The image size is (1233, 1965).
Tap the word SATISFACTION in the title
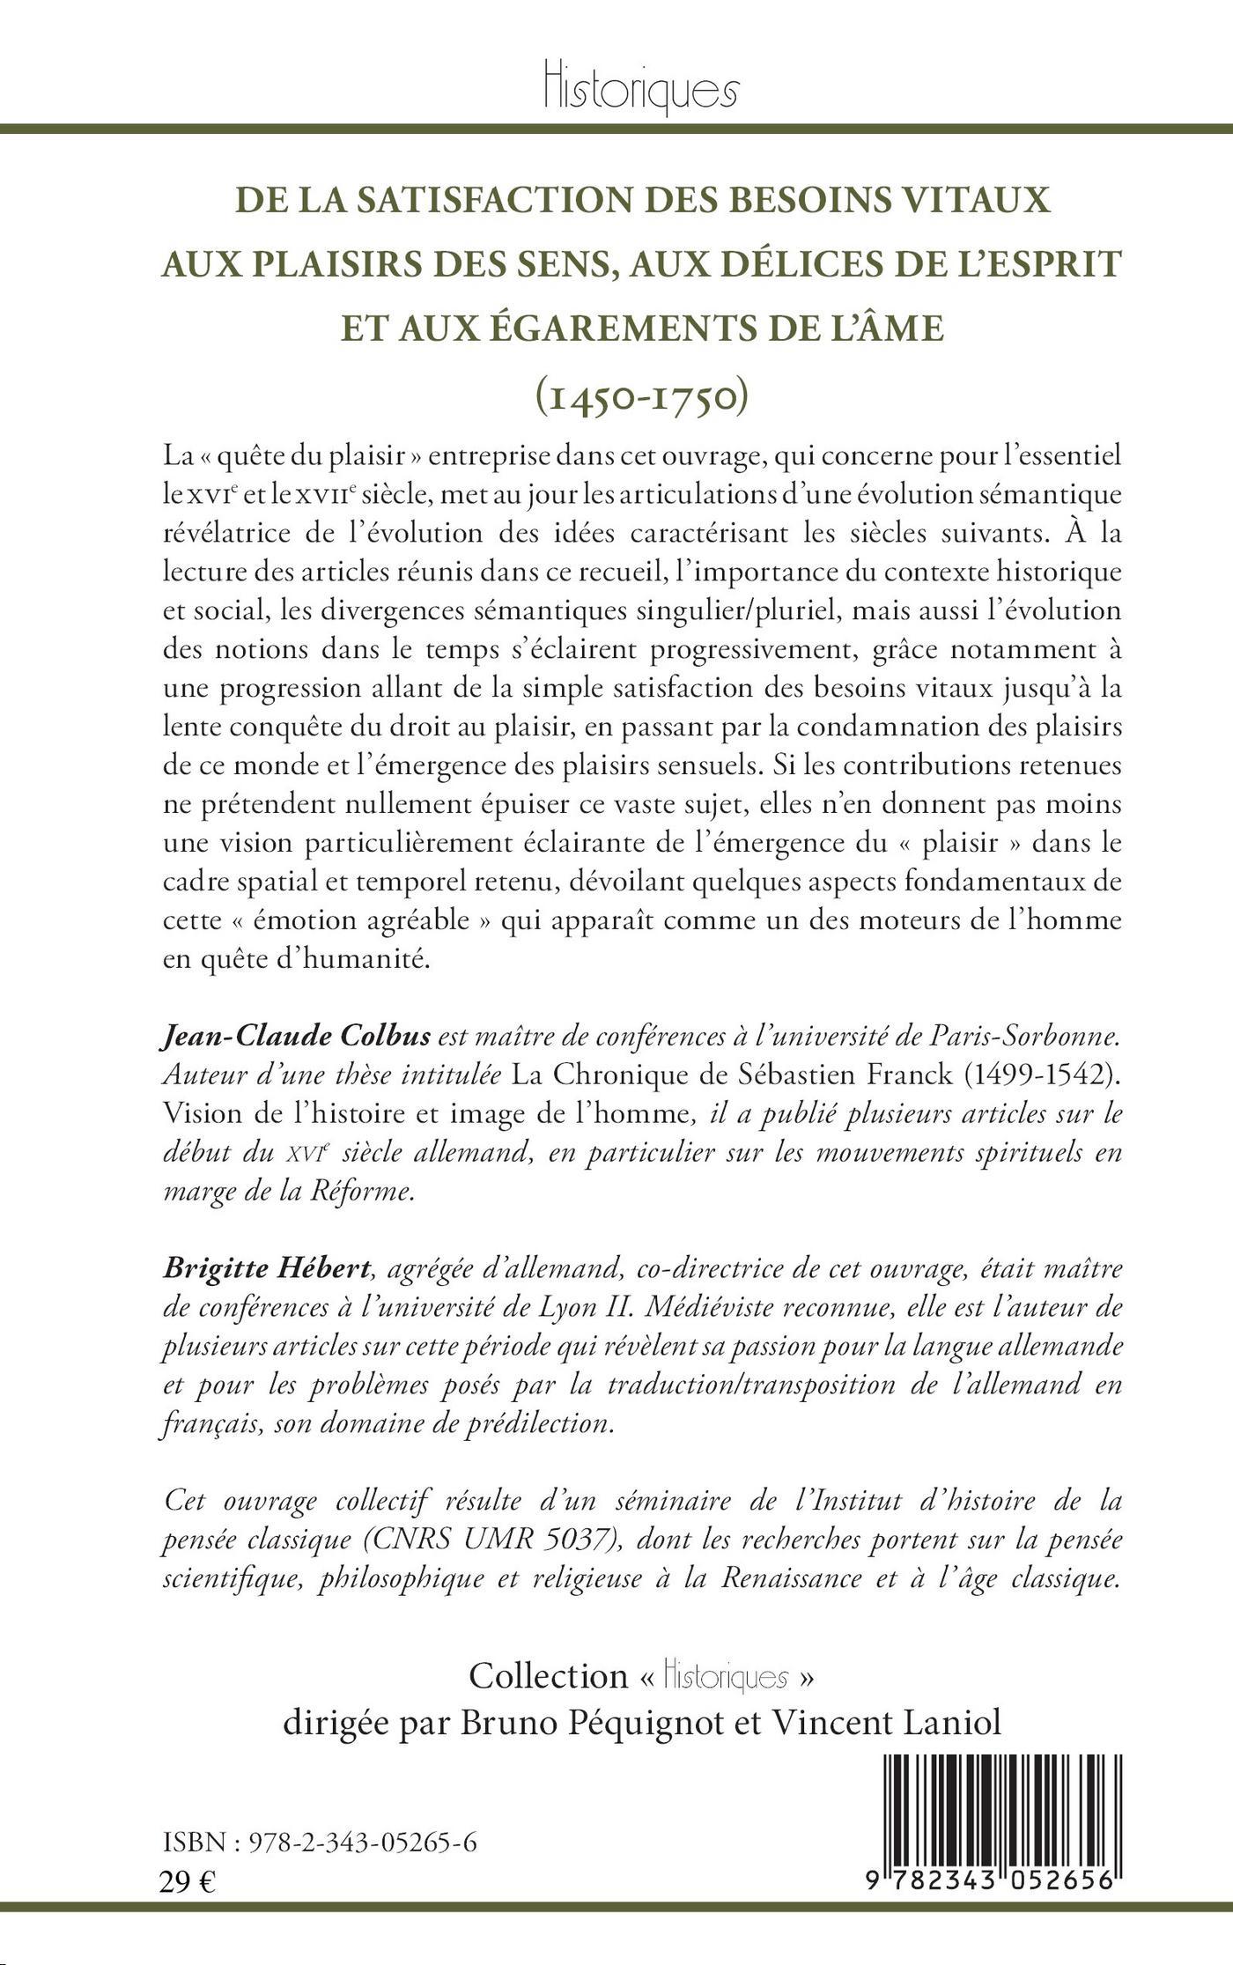coord(429,199)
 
